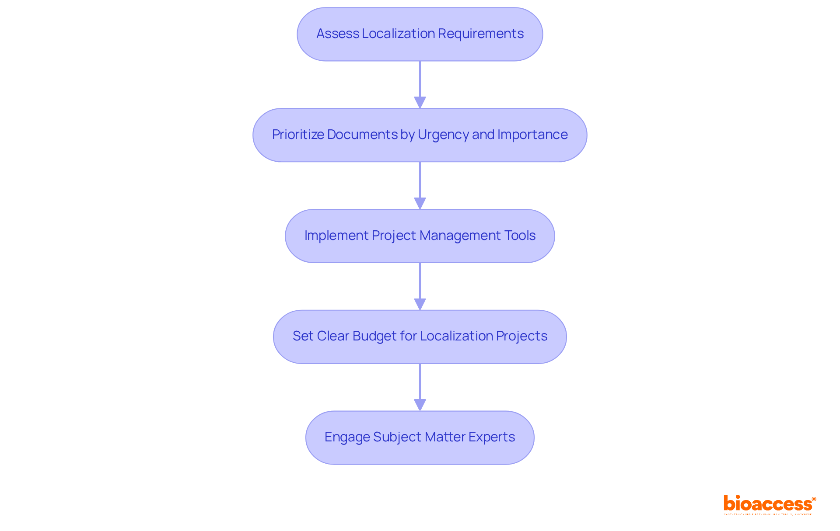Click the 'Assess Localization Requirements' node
tap(420, 34)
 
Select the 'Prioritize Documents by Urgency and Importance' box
tap(420, 135)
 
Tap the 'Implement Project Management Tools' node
tap(420, 236)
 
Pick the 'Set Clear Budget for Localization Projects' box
tap(420, 337)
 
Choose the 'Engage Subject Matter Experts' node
tap(420, 437)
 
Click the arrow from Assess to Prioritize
tap(420, 84)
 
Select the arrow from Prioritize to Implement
tap(420, 185)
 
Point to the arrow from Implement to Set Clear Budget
tap(420, 286)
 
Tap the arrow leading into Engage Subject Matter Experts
tap(420, 387)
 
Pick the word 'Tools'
tap(520, 236)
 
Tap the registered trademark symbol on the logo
tap(814, 499)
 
